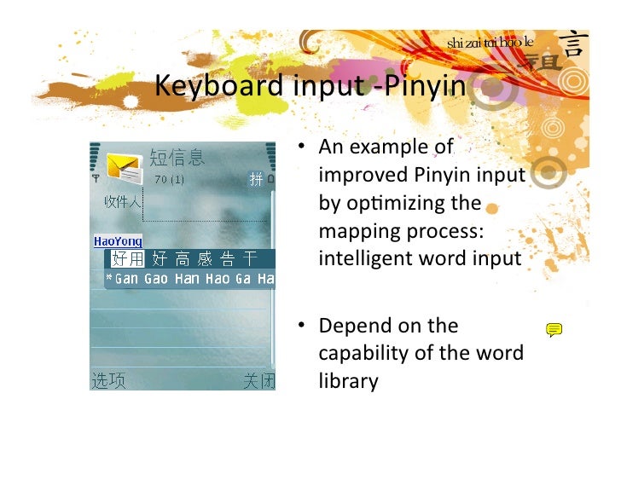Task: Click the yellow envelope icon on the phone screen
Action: coord(124,167)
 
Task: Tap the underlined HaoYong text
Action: coord(118,241)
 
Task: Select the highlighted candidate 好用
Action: coord(129,259)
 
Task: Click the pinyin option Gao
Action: coord(155,279)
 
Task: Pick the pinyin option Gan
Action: coord(125,279)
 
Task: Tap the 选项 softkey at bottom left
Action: coord(108,381)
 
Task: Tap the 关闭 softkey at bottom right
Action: coord(258,381)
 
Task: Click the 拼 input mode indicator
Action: coord(256,179)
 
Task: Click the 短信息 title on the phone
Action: coord(177,157)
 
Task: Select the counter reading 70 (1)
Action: coord(169,180)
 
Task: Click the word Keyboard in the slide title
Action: coord(218,87)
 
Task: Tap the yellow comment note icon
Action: coord(554,329)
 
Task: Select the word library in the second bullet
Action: coord(348,380)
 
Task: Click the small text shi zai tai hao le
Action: coord(490,43)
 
